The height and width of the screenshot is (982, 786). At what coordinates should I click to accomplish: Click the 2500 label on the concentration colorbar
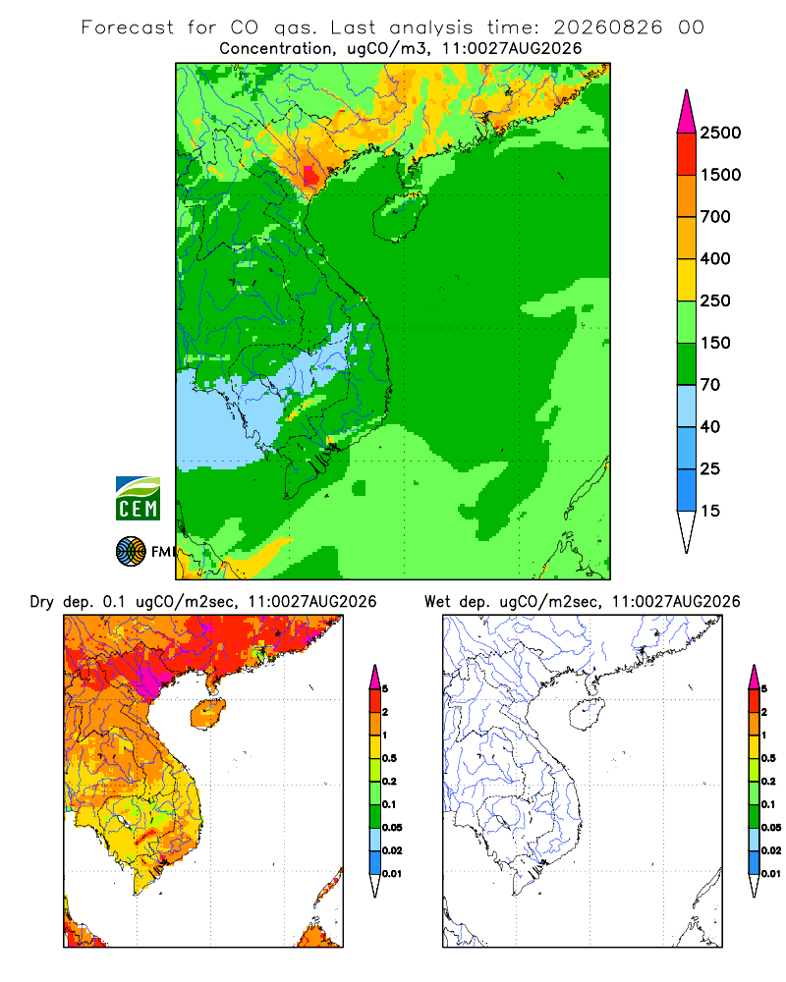point(720,133)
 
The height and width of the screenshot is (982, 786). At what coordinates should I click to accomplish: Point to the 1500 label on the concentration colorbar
point(720,175)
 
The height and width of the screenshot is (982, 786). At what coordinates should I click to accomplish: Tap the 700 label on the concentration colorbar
point(715,217)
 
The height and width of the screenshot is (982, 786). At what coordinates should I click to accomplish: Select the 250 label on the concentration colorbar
point(715,300)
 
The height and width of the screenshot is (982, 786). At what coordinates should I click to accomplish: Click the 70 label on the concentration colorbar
point(710,385)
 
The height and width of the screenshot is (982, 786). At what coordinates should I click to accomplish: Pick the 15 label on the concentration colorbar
point(710,511)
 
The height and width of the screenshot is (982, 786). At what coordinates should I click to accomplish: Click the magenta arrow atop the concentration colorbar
point(687,112)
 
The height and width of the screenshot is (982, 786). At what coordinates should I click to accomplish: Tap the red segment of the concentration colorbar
point(687,154)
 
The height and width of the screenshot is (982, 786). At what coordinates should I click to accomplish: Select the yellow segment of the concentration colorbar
point(687,280)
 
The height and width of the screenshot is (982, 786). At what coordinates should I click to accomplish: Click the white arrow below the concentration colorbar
point(687,531)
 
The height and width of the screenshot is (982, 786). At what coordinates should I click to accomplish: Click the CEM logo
point(138,499)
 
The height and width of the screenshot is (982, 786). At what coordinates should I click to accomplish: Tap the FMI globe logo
point(131,552)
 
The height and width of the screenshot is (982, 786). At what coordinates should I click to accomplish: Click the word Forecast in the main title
point(128,27)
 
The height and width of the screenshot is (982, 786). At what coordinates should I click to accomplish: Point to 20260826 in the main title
point(607,27)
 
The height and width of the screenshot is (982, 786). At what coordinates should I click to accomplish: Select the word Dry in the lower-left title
point(41,602)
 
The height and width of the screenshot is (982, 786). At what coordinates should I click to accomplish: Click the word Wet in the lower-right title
point(437,602)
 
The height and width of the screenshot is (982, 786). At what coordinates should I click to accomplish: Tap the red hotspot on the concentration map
point(310,174)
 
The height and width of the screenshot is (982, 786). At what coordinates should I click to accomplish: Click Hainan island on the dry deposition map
point(207,714)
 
